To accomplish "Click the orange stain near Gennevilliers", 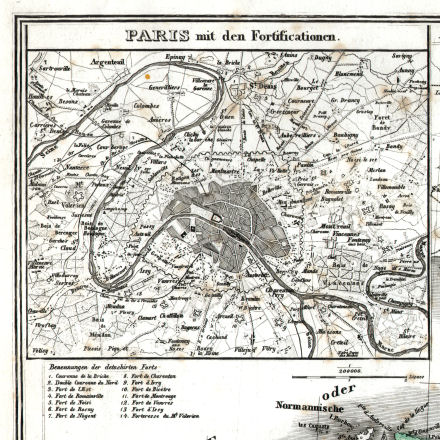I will [148, 74].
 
